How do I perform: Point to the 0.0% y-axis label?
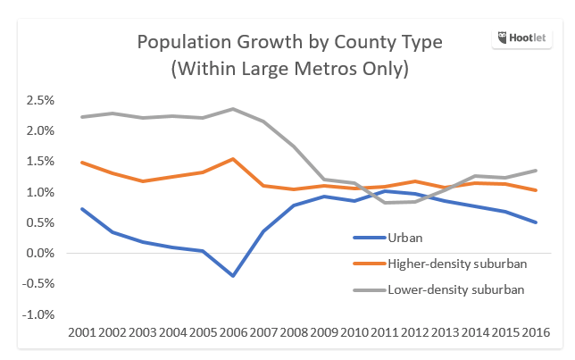[43, 254]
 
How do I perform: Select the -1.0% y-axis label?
[41, 315]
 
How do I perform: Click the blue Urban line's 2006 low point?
[233, 276]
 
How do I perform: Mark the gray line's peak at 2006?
[233, 109]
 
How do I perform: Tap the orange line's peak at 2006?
[233, 159]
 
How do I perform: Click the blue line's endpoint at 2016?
[536, 222]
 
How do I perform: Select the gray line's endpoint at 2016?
[536, 170]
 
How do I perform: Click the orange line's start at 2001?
[81, 163]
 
